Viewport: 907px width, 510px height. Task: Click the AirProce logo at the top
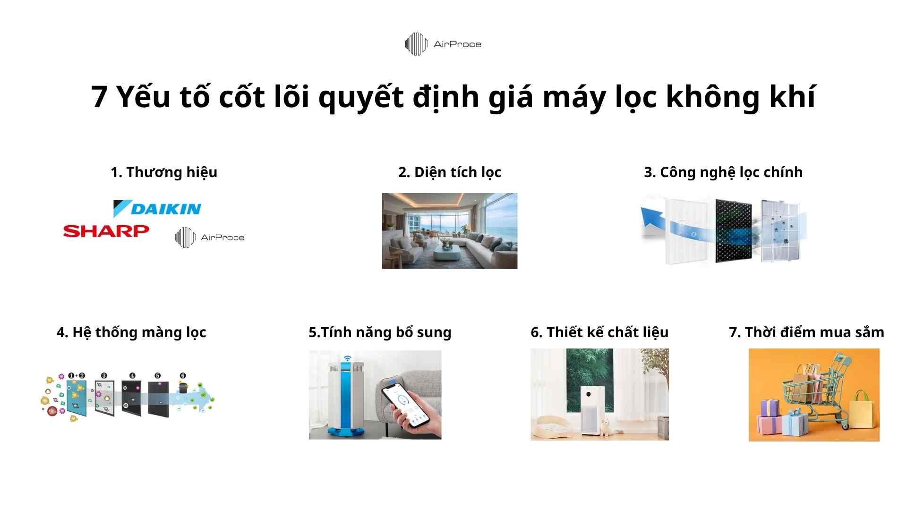click(443, 44)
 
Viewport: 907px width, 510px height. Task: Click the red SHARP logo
click(106, 231)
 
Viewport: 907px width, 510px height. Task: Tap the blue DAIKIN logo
click(157, 208)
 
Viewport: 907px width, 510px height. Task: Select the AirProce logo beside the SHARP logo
click(210, 237)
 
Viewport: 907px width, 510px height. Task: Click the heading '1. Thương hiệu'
click(164, 172)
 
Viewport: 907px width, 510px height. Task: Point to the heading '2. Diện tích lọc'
click(449, 172)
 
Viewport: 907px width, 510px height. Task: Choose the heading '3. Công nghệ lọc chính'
click(723, 172)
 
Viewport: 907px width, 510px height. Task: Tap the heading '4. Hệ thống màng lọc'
click(131, 332)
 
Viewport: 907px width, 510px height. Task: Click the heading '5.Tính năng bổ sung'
click(380, 332)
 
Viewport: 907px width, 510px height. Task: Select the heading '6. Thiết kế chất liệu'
click(599, 332)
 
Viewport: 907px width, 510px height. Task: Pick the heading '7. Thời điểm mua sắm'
click(806, 332)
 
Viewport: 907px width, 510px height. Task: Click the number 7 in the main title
click(99, 97)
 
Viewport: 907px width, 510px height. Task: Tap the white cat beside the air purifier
click(605, 428)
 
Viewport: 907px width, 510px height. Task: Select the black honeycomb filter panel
click(733, 230)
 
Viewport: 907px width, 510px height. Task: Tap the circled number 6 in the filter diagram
click(183, 376)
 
